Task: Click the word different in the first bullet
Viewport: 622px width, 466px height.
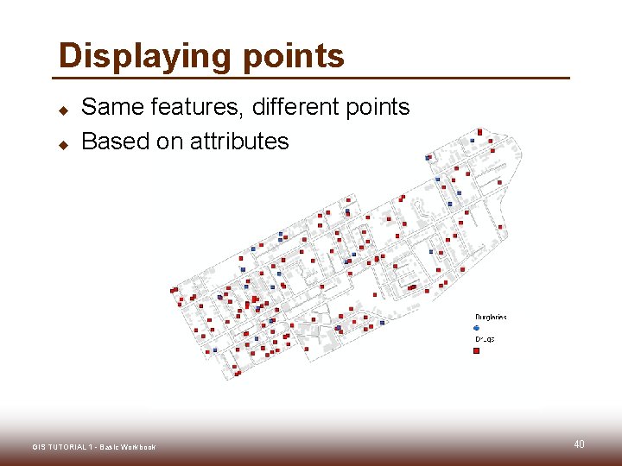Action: coord(293,107)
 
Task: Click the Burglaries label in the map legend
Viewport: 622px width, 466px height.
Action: coord(490,317)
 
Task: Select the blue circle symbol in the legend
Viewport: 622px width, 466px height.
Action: coord(477,328)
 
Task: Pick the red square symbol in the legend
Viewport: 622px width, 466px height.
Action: coord(477,350)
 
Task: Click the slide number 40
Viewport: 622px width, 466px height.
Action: coord(579,444)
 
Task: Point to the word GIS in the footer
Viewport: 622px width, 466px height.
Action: coord(39,447)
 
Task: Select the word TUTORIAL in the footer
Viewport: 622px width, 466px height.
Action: coord(68,447)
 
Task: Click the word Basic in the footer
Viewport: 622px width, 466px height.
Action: coord(110,447)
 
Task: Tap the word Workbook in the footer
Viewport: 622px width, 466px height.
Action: coord(138,447)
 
